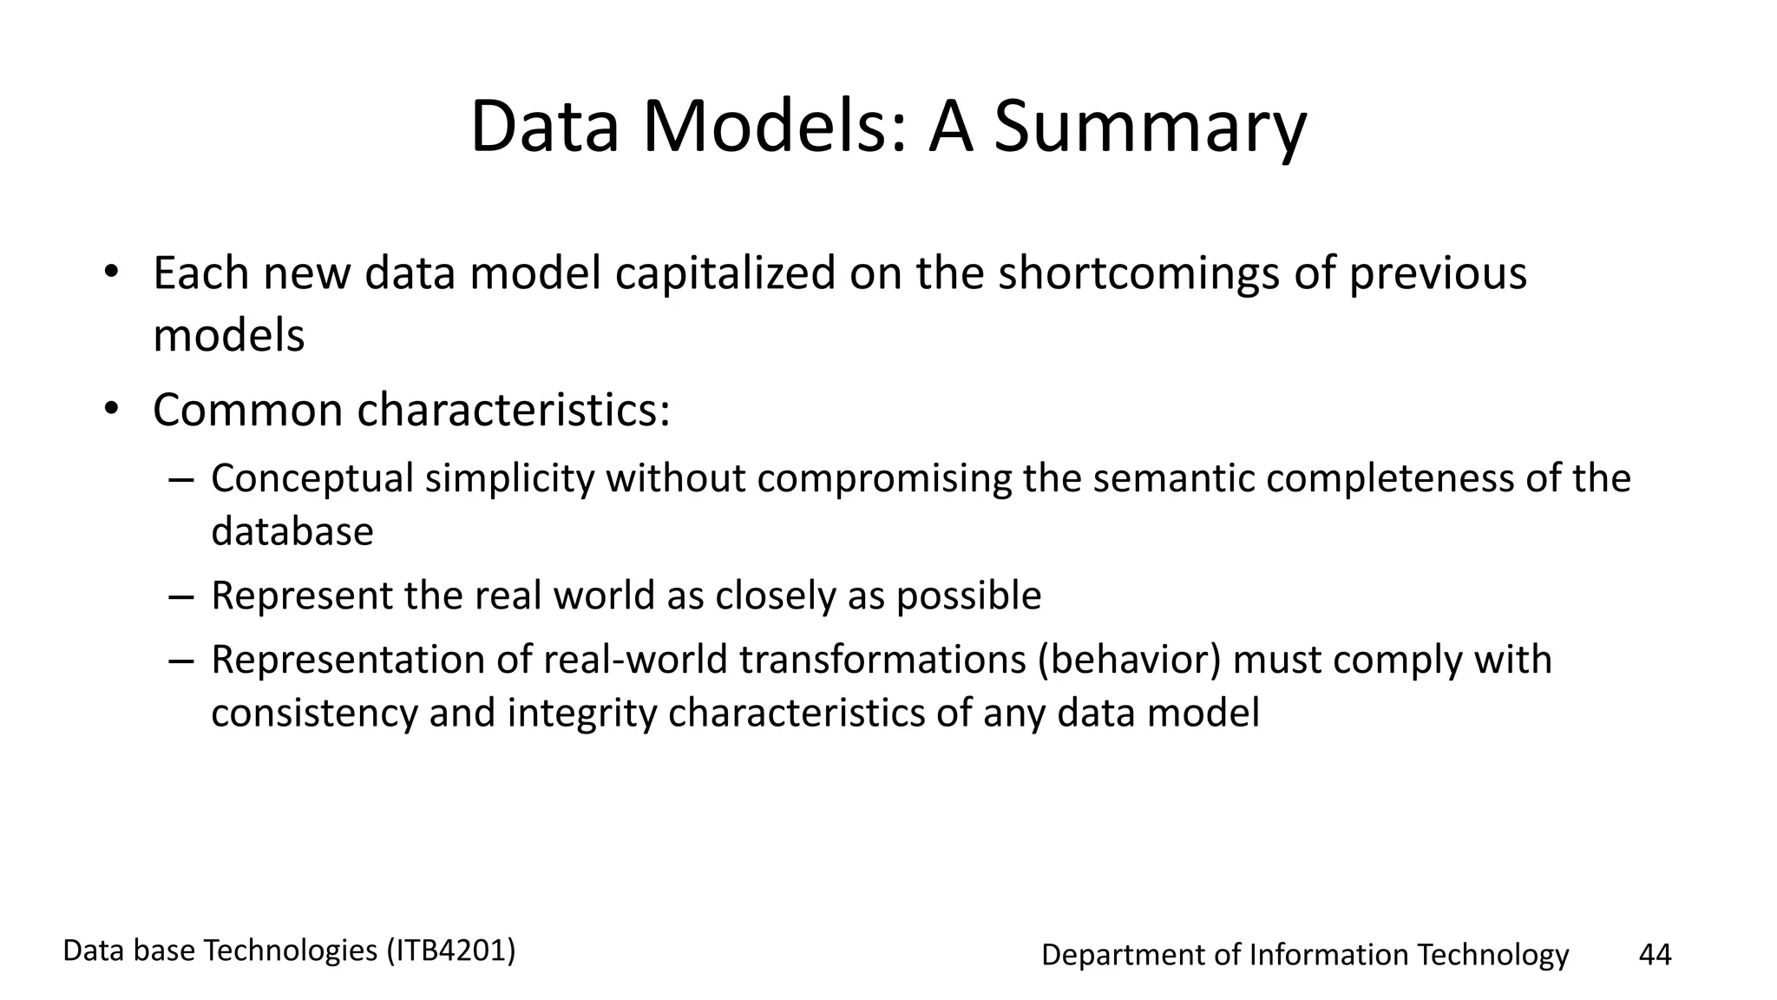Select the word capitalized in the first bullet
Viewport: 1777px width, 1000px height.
tap(725, 273)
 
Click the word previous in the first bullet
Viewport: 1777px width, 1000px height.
tap(1437, 273)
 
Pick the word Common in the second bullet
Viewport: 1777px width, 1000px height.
tap(248, 410)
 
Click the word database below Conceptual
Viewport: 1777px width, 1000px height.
tap(292, 531)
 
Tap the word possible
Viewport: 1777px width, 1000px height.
tap(968, 596)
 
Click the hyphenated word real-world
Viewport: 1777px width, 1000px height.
tap(636, 660)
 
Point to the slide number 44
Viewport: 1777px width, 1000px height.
tap(1655, 955)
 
